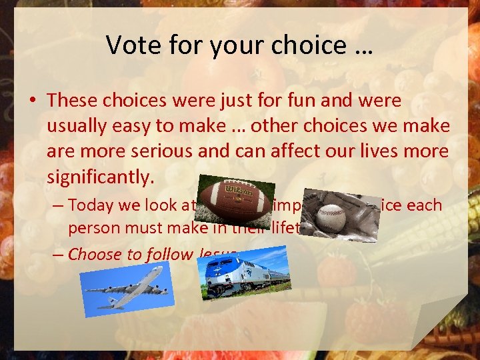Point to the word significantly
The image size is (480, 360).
(x=100, y=177)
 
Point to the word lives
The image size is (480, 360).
(x=377, y=151)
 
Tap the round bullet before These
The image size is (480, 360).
(x=33, y=101)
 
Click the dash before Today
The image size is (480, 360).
(x=57, y=205)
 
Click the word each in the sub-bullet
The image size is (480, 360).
(x=426, y=205)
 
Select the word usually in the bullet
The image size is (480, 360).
(x=77, y=126)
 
